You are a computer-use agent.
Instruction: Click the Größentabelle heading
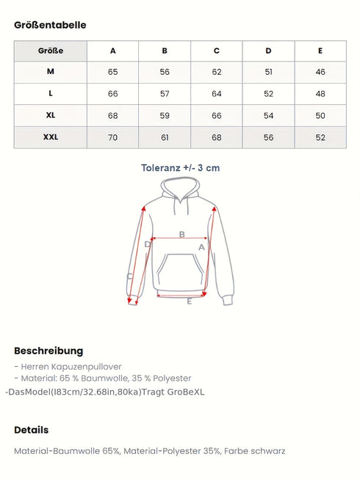tap(50, 25)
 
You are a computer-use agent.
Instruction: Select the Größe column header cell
tap(51, 51)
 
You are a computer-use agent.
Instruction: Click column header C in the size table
tap(217, 51)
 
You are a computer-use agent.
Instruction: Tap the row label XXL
tap(51, 137)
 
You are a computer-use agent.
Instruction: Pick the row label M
tap(51, 72)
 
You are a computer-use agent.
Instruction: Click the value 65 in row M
tap(112, 72)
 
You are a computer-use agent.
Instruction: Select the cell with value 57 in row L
tap(165, 94)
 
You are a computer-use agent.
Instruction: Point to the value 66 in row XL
tap(217, 116)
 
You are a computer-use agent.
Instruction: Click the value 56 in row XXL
tap(268, 137)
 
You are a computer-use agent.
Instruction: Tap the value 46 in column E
tap(320, 72)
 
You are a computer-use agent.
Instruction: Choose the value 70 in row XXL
tap(112, 137)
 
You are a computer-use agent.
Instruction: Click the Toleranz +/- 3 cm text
tap(180, 168)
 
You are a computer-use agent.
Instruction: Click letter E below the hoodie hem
tap(189, 301)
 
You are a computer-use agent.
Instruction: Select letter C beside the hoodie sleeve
tap(130, 277)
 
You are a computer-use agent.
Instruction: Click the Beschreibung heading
tap(48, 351)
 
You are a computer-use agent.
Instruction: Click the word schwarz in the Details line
tap(267, 451)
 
